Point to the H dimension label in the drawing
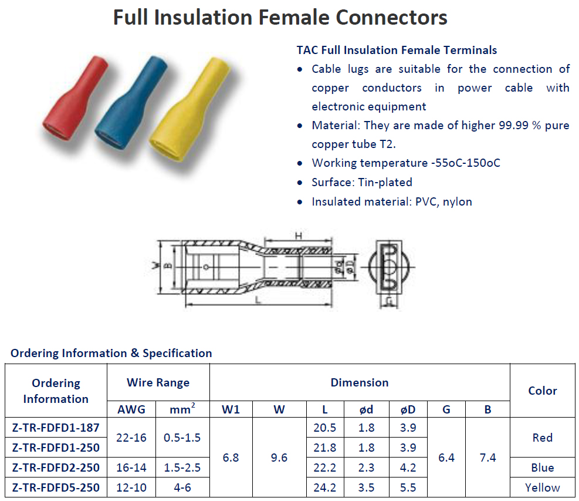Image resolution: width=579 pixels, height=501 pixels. tap(298, 236)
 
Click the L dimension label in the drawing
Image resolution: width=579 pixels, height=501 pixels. tap(258, 300)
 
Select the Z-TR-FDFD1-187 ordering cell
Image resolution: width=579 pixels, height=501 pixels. tap(56, 428)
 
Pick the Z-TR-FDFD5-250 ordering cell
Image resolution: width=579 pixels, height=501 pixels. tap(56, 487)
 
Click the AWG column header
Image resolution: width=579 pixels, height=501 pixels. tap(131, 409)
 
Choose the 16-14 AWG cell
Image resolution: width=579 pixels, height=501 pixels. tap(131, 468)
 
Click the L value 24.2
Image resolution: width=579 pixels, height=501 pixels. tap(324, 487)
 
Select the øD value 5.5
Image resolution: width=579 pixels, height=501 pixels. tap(408, 487)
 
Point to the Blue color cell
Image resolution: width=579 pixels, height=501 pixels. tap(542, 468)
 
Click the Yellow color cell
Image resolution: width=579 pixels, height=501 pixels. tap(542, 487)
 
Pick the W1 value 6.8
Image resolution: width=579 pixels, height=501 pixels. tap(231, 457)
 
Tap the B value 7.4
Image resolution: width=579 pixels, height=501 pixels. tap(487, 457)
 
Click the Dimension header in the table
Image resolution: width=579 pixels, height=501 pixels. tap(359, 382)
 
